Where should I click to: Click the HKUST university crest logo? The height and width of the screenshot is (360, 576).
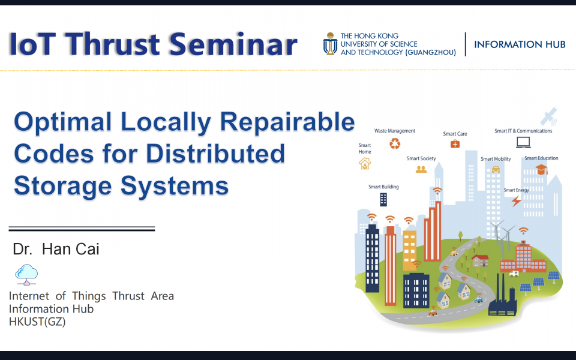[330, 44]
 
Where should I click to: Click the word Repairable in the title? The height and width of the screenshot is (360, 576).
[287, 122]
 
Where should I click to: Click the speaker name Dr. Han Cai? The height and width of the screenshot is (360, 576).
[56, 250]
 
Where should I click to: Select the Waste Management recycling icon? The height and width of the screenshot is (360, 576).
[395, 143]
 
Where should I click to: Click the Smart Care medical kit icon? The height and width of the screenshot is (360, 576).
[455, 144]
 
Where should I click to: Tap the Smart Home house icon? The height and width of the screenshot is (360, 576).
[364, 163]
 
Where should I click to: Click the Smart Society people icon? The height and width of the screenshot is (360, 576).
[421, 169]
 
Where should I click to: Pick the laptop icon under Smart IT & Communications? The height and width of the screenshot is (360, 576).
[523, 142]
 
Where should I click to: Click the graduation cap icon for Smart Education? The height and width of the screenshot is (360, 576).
[541, 170]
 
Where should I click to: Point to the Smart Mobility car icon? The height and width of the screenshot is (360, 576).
[496, 169]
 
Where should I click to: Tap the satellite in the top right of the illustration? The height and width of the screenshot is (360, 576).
[548, 116]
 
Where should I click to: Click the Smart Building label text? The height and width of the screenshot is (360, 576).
[383, 187]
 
